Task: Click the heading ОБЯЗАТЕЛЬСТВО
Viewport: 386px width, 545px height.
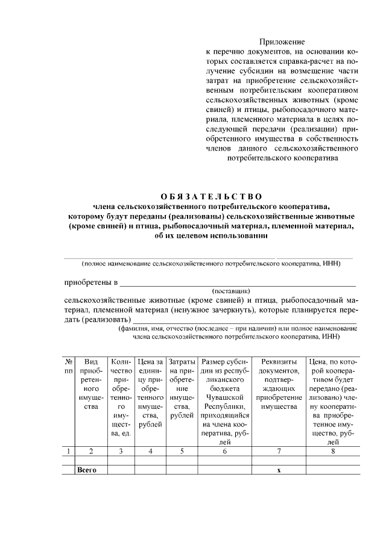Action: click(x=211, y=196)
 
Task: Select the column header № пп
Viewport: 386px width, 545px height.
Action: click(x=69, y=367)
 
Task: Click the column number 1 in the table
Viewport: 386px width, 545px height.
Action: click(x=69, y=450)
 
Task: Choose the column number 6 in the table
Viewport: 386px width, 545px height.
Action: click(x=224, y=450)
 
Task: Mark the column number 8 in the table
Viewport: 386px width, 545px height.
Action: click(x=333, y=450)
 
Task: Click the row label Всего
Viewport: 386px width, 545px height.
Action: click(x=87, y=470)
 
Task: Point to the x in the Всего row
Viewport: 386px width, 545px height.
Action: click(x=279, y=470)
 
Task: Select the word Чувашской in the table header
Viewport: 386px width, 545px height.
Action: click(x=224, y=397)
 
